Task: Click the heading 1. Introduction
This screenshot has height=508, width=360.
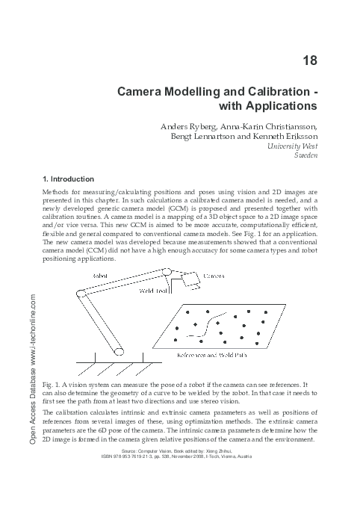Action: click(69, 179)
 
